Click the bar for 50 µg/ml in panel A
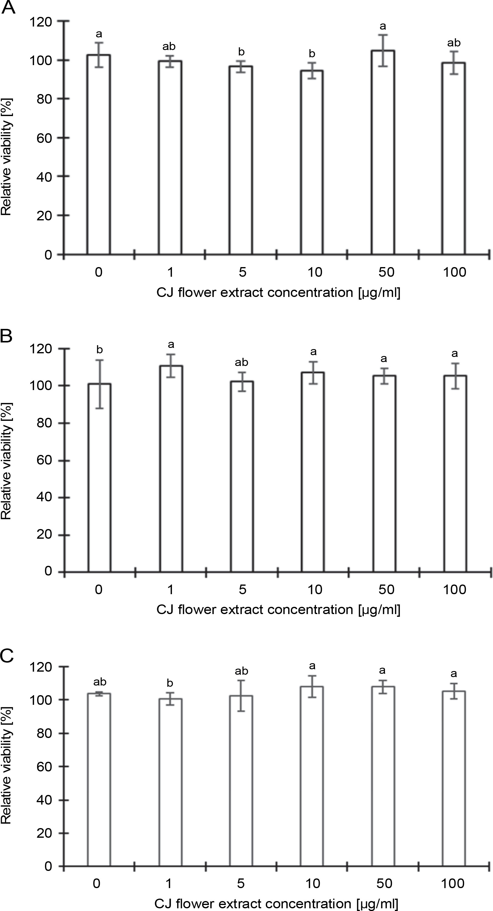pyautogui.click(x=383, y=152)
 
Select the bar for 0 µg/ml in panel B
pyautogui.click(x=100, y=478)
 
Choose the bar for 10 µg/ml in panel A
pyautogui.click(x=312, y=163)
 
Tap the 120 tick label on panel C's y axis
pyautogui.click(x=41, y=667)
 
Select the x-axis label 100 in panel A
pyautogui.click(x=454, y=272)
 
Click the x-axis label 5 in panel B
pyautogui.click(x=242, y=590)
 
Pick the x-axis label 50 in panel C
pyautogui.click(x=384, y=883)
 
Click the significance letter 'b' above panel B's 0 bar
pyautogui.click(x=100, y=350)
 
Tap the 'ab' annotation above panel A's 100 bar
pyautogui.click(x=454, y=43)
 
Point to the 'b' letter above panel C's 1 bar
pyautogui.click(x=170, y=683)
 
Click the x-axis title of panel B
pyautogui.click(x=278, y=609)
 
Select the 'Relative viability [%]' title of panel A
pyautogui.click(x=6, y=157)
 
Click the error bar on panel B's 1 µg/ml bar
pyautogui.click(x=171, y=366)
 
